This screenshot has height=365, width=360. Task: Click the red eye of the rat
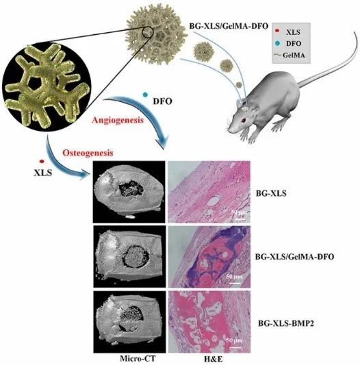[244, 120]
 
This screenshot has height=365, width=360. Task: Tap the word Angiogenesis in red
[118, 121]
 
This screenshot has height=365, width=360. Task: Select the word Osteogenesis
[88, 153]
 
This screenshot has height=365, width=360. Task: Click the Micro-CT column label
[138, 358]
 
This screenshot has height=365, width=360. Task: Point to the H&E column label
[213, 359]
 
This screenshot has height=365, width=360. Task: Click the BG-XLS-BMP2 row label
[286, 323]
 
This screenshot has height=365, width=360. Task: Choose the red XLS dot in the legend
[277, 31]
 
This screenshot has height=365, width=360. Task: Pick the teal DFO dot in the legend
[277, 43]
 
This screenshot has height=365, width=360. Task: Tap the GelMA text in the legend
[294, 55]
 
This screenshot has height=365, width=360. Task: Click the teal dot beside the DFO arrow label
[146, 95]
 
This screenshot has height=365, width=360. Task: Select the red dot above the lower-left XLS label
[42, 161]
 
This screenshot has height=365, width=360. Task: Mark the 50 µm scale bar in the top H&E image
[237, 219]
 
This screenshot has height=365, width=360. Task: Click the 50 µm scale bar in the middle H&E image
[235, 283]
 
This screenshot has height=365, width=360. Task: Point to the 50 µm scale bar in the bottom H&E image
[235, 348]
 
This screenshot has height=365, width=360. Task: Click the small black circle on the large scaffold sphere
[148, 32]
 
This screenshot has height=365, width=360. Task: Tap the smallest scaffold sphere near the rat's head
[239, 85]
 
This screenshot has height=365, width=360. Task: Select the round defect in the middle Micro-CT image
[136, 256]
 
